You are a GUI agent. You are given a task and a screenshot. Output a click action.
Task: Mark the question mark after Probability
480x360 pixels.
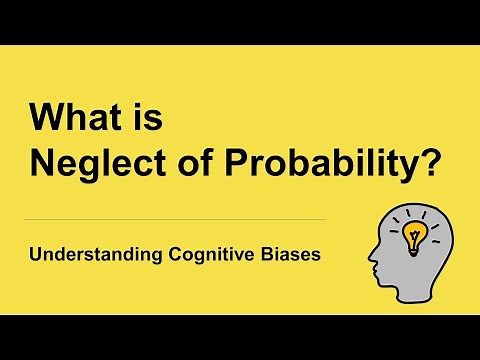(x=431, y=163)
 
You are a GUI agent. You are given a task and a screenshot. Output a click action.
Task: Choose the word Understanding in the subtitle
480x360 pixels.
(x=85, y=255)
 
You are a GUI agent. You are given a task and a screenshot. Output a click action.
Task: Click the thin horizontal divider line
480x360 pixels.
(x=174, y=219)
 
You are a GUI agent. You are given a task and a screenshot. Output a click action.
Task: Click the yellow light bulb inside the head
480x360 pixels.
(x=413, y=235)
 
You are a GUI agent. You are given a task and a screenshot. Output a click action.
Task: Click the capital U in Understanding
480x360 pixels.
(x=34, y=254)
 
